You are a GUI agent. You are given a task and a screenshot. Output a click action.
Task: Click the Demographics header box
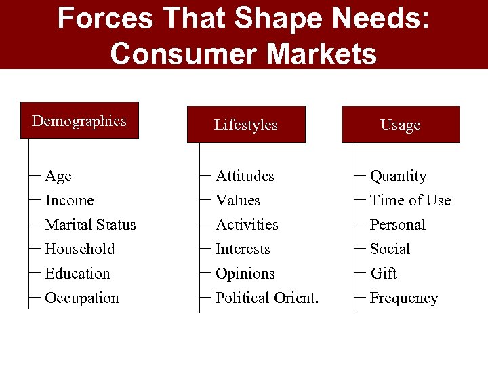(x=79, y=121)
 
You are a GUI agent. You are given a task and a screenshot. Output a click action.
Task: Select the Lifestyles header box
(x=246, y=125)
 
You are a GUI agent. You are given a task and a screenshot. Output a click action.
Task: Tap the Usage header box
(x=400, y=125)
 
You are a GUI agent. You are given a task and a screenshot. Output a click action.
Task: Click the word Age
(x=58, y=176)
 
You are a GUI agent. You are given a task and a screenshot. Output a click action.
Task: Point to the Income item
(x=69, y=201)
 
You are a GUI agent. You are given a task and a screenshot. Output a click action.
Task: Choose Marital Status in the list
(x=90, y=225)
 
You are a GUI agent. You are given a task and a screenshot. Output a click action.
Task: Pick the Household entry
(x=80, y=249)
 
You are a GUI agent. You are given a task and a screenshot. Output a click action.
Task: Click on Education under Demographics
(x=77, y=274)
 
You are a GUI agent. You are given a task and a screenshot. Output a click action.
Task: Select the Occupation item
(x=81, y=298)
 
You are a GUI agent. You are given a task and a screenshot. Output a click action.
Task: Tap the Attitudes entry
(x=245, y=176)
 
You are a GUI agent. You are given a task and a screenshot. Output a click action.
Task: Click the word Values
(x=237, y=201)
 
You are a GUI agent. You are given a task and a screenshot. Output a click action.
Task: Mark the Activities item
(x=247, y=225)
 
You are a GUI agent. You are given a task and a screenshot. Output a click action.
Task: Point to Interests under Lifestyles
(x=243, y=249)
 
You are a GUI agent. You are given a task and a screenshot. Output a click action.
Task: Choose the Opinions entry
(x=245, y=274)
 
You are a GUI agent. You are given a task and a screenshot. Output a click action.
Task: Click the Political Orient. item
(x=267, y=298)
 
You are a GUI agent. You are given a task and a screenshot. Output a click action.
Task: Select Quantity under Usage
(x=399, y=176)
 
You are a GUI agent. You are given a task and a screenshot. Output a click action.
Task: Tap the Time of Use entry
(x=410, y=201)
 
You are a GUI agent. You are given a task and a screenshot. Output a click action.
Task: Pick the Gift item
(x=384, y=274)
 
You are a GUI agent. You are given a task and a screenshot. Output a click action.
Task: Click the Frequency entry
(x=404, y=298)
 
